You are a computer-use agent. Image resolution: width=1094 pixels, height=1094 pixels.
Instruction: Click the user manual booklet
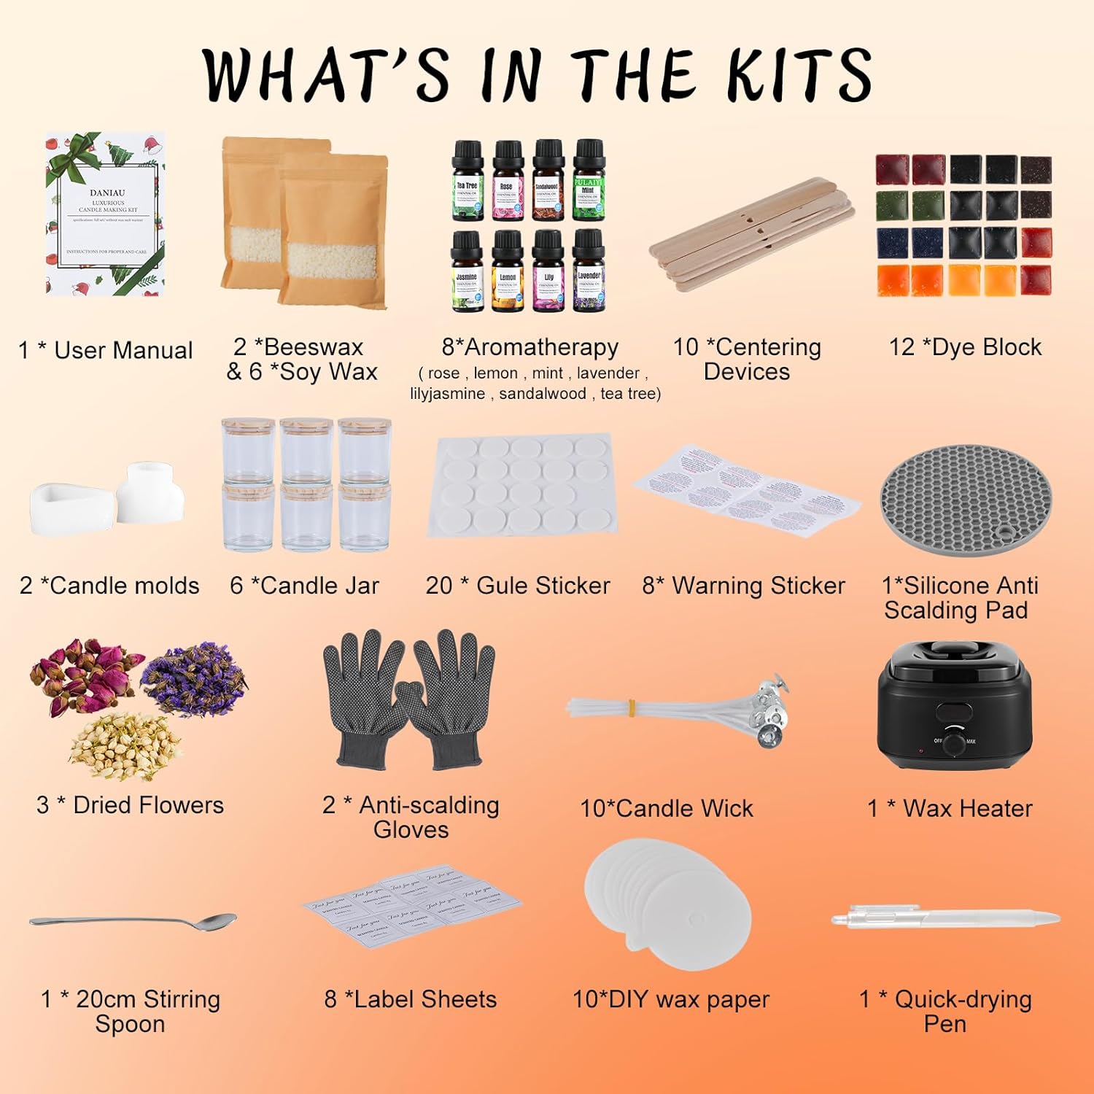(105, 214)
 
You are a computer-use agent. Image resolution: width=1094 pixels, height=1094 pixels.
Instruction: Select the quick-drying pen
(945, 918)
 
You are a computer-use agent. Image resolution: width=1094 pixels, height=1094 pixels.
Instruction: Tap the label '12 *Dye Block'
(965, 347)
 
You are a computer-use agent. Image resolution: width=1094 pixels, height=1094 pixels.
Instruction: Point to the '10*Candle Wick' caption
(667, 808)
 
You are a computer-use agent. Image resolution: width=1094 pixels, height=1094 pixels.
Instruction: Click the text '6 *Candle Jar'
(304, 585)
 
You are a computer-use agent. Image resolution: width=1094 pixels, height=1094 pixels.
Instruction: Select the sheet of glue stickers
(522, 484)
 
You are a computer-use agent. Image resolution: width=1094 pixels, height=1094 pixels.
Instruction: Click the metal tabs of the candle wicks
(766, 711)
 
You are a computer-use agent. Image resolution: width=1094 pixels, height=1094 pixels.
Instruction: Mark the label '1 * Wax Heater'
(950, 808)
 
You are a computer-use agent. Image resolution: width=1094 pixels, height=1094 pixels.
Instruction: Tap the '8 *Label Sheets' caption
(411, 999)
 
